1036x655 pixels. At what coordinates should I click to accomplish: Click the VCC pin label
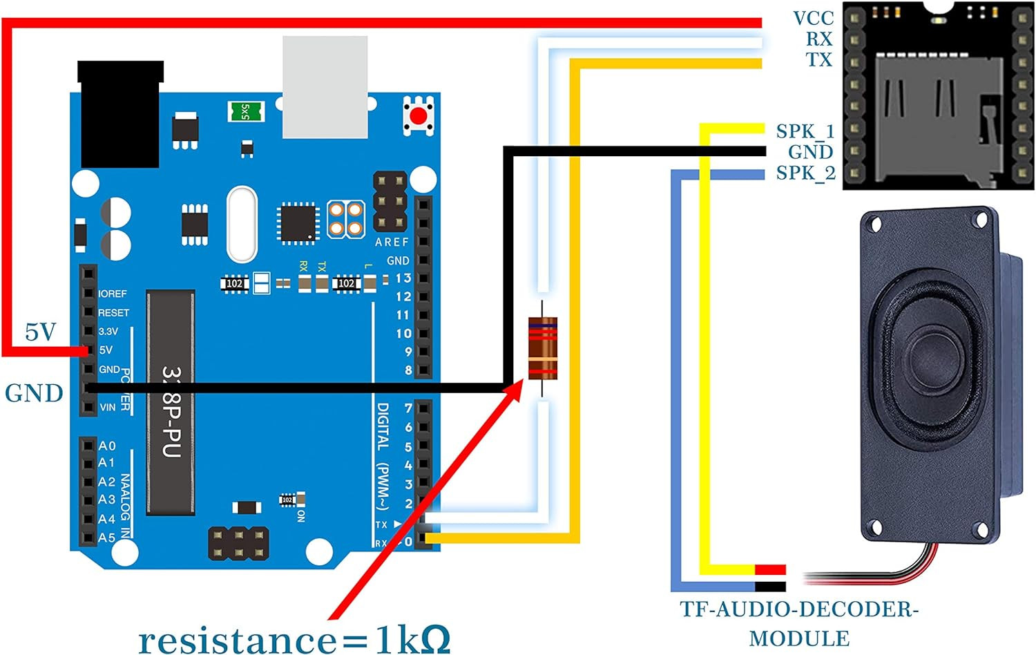tap(813, 18)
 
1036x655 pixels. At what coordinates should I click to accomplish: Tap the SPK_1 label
tap(805, 131)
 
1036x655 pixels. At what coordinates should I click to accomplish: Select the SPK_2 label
tap(805, 173)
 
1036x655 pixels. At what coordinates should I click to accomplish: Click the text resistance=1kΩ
tap(294, 638)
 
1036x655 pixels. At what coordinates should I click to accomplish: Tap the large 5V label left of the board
tap(40, 332)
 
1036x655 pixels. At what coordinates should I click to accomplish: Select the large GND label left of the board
tap(34, 393)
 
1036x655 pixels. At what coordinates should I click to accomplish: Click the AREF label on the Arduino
tap(392, 242)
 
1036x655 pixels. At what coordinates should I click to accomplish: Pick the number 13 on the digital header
tap(403, 278)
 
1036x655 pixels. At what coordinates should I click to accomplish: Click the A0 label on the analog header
tap(107, 446)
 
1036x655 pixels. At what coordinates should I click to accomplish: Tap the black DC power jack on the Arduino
tap(120, 114)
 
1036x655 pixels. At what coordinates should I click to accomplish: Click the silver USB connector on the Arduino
tap(325, 87)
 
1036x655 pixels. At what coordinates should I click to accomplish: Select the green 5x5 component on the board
tap(245, 111)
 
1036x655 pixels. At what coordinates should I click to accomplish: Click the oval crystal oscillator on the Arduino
tap(242, 224)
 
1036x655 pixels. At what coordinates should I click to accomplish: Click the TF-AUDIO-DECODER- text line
tap(799, 609)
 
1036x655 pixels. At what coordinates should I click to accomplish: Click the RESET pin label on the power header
tap(113, 312)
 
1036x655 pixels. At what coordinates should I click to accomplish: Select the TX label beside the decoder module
tap(819, 60)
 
